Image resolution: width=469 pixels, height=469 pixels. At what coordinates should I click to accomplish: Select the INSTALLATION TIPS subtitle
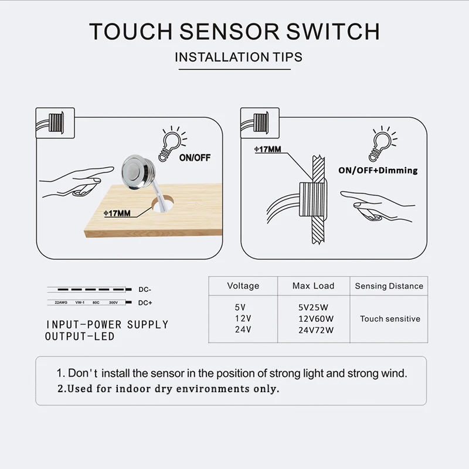[x=239, y=57]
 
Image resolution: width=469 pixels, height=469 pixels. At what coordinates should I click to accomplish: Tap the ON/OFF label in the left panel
[x=195, y=158]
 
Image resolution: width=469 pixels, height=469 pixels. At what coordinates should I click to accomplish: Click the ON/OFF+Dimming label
[x=378, y=170]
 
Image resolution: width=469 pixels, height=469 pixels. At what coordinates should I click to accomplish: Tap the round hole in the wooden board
[x=166, y=203]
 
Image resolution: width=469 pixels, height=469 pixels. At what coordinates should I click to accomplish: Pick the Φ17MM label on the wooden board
[x=117, y=212]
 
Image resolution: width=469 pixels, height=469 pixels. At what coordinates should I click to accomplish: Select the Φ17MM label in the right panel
[x=267, y=149]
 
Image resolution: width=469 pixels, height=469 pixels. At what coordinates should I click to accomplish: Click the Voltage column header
[x=243, y=286]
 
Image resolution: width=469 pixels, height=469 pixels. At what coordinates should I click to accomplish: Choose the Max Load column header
[x=313, y=286]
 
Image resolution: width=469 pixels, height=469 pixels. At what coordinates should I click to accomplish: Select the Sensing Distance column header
[x=389, y=286]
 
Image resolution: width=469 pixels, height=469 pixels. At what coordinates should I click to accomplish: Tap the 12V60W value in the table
[x=315, y=318]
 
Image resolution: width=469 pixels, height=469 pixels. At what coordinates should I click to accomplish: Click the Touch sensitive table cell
[x=390, y=319]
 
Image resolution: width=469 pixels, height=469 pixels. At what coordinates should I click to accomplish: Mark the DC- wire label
[x=145, y=290]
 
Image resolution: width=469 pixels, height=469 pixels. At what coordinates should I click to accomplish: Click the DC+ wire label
[x=145, y=303]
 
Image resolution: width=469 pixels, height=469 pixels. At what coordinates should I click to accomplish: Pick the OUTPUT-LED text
[x=79, y=337]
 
